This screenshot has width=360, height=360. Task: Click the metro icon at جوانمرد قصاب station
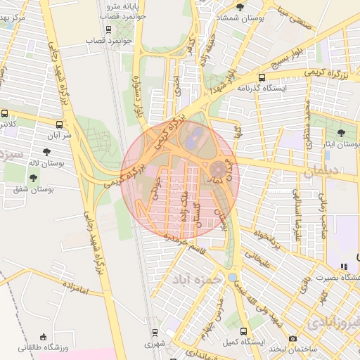pos(108,29)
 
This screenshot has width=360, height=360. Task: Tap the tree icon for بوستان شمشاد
pos(240,7)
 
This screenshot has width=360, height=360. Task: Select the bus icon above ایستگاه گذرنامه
pos(262,78)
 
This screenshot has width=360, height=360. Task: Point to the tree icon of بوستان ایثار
pos(341,133)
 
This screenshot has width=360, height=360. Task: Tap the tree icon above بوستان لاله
pos(46,151)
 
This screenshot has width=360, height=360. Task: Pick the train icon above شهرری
pos(154,332)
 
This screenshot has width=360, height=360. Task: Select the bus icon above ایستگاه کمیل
pos(243,331)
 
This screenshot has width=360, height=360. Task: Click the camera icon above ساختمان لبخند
pos(292,338)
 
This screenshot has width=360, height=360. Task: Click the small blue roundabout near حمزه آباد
pos(232,277)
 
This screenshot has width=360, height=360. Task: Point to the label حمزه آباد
pos(200,278)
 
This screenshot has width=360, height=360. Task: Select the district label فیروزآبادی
pos(333,322)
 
